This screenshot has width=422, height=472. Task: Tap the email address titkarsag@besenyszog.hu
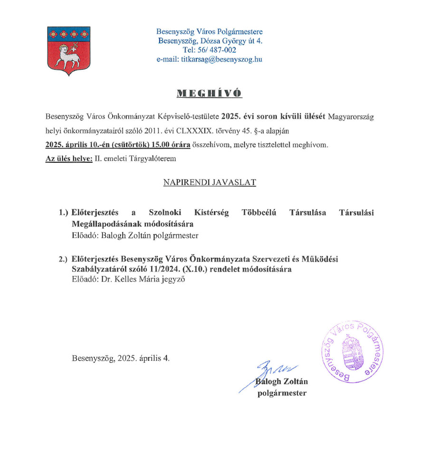(209, 59)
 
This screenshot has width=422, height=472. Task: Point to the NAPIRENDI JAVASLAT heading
(210, 182)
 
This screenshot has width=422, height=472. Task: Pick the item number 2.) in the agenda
(64, 259)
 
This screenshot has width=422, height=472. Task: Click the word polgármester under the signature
(282, 393)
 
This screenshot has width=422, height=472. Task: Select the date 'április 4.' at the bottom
(153, 358)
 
